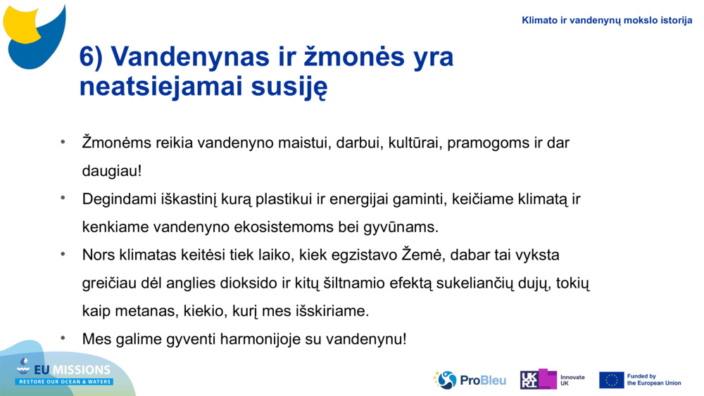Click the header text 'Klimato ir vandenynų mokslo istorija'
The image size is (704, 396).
coord(607,20)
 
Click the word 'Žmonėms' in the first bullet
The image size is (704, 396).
coord(111,143)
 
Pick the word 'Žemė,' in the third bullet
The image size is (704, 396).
coord(424,255)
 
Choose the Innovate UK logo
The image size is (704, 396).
coord(553,380)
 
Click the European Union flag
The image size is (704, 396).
coord(611,380)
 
